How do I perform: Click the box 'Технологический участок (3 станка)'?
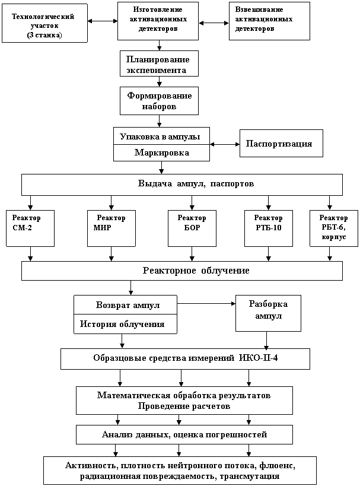click(44, 23)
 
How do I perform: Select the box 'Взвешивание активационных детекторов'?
click(269, 21)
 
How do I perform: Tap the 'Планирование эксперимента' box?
click(160, 63)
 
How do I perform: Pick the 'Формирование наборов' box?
click(160, 101)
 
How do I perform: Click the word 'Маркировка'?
click(162, 153)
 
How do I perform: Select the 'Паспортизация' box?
click(281, 144)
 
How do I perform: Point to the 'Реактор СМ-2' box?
click(30, 228)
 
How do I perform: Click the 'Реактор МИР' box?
click(111, 228)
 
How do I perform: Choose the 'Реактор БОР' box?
click(192, 228)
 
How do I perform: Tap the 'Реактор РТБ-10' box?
click(269, 228)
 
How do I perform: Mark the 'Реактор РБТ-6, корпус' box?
click(334, 228)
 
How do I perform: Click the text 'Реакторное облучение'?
click(196, 271)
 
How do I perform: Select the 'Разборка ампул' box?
click(268, 313)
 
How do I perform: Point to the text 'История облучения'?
click(122, 324)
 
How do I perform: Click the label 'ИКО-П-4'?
click(259, 358)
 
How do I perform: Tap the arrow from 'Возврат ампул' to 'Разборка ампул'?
click(206, 304)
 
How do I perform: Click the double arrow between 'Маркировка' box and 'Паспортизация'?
click(225, 144)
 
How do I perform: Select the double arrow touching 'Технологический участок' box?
click(103, 21)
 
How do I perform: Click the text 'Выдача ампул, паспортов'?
click(196, 184)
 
